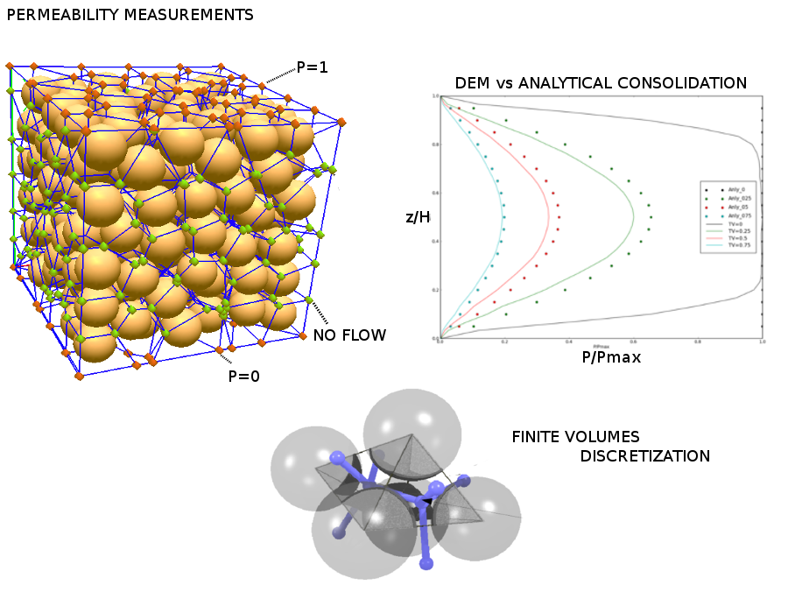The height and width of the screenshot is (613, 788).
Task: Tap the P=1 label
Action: pos(312,67)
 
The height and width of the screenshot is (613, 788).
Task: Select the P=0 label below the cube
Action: pos(244,377)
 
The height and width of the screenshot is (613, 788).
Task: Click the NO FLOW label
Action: pos(349,335)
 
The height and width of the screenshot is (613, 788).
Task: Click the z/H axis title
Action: pos(418,216)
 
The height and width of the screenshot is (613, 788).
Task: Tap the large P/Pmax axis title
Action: pos(612,357)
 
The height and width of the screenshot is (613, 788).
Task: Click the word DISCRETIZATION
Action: pos(644,456)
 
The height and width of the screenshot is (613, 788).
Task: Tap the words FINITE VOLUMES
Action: pos(575,436)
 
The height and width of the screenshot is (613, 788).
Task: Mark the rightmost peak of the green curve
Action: pos(632,216)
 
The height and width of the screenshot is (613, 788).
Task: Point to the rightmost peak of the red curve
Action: pos(549,215)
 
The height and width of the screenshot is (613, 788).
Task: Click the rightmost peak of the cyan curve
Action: pos(503,215)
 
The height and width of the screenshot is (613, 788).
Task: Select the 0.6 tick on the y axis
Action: pos(434,193)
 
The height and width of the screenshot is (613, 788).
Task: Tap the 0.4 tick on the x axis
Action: pos(568,342)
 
